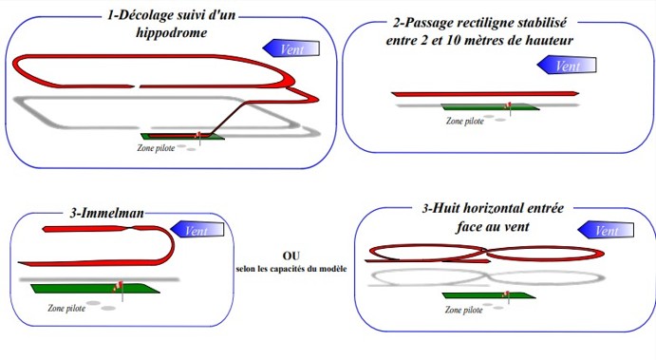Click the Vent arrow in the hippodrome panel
tap(291, 48)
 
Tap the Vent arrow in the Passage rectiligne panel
tap(567, 66)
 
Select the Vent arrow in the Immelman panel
tap(197, 230)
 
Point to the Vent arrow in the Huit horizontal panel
tap(606, 230)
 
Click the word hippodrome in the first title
tap(172, 33)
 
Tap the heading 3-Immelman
tap(106, 213)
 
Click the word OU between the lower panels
tap(291, 256)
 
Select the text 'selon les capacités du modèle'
tap(291, 269)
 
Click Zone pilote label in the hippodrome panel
tap(156, 148)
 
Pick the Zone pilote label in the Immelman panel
tap(66, 308)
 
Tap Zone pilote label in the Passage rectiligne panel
tap(465, 121)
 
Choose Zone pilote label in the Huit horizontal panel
tap(463, 310)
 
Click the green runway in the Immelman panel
tap(95, 289)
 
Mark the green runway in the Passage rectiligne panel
tap(490, 107)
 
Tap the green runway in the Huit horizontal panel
tap(489, 295)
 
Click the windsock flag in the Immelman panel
tap(118, 286)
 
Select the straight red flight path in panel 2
tap(485, 94)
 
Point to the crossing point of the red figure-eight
tap(487, 252)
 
